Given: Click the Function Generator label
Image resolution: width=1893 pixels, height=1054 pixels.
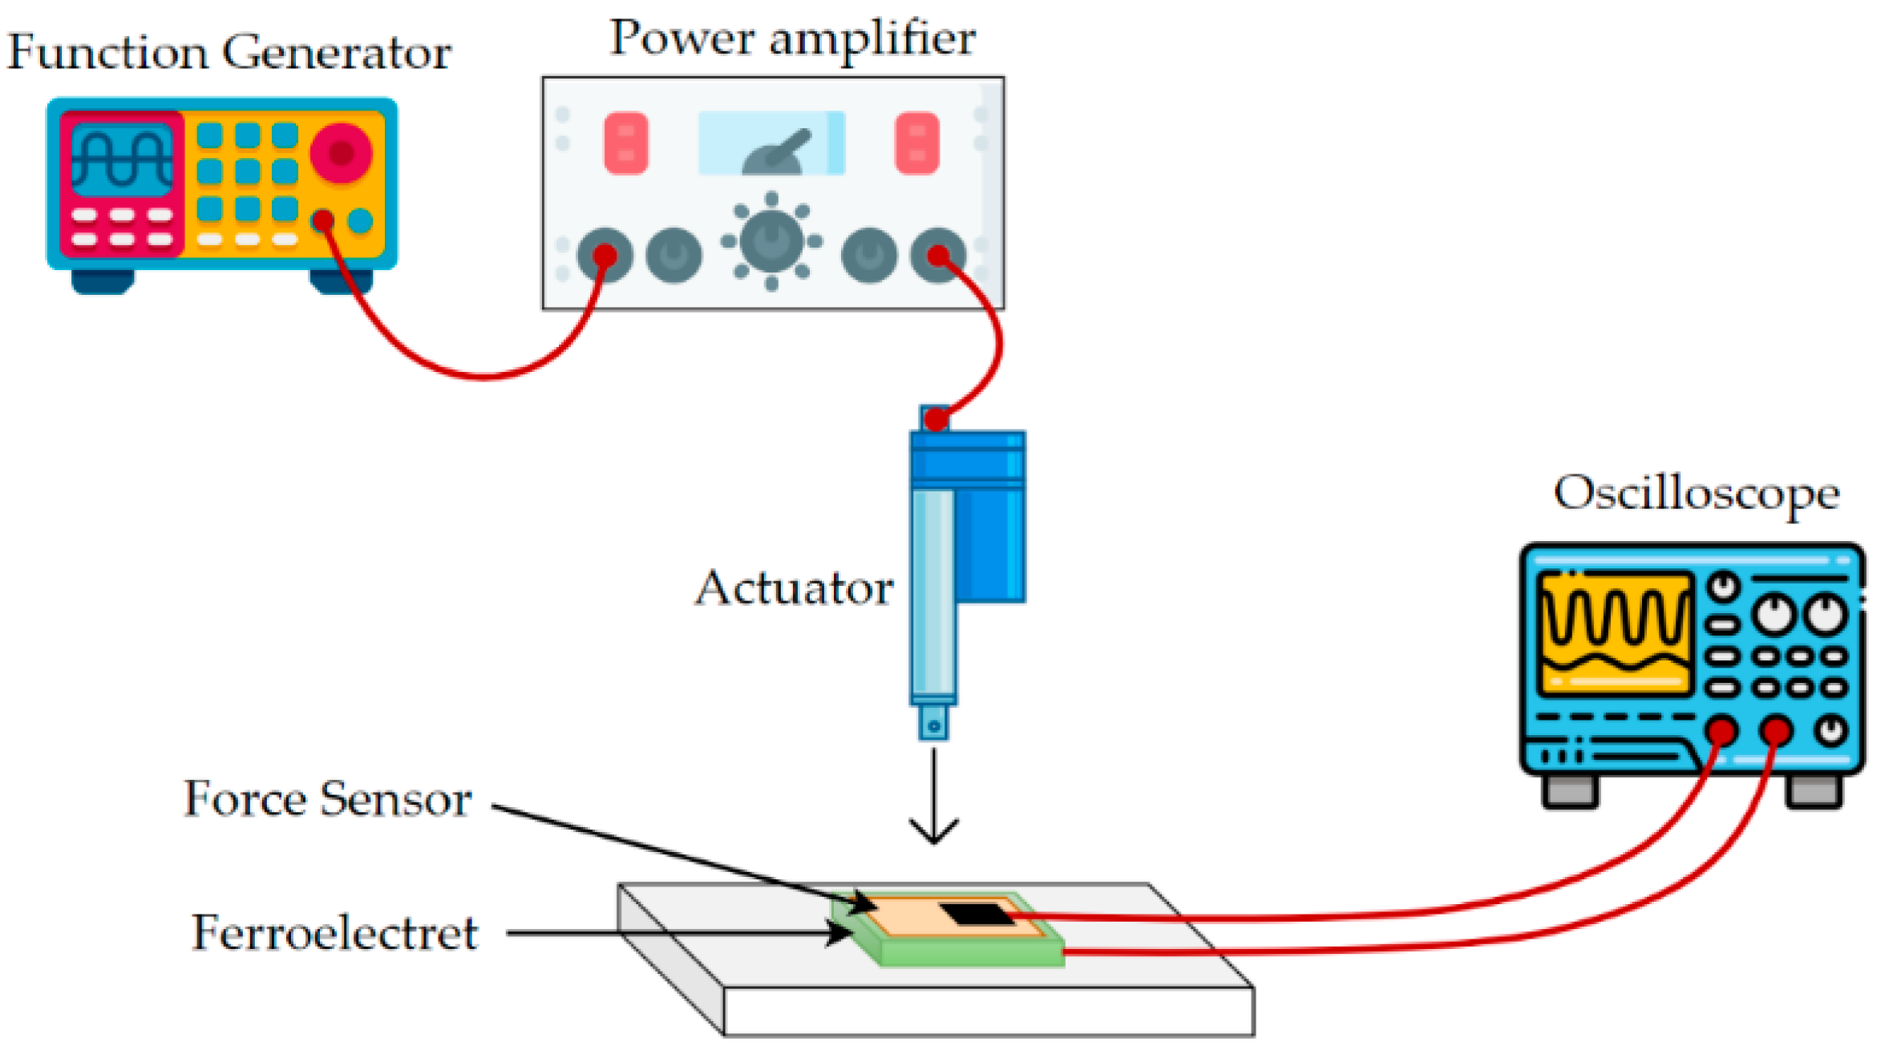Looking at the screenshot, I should [x=229, y=53].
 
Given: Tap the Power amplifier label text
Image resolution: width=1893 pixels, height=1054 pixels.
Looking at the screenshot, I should [x=792, y=38].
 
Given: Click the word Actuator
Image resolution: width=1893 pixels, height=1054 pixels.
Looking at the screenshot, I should [x=794, y=588].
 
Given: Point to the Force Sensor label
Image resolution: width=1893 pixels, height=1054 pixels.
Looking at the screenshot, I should [x=328, y=799].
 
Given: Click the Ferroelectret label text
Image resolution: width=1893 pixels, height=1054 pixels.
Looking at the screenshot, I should [x=334, y=933].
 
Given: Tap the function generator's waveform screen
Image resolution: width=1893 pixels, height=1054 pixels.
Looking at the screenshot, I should [x=122, y=159].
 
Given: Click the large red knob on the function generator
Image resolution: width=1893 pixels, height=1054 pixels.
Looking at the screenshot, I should [x=341, y=152].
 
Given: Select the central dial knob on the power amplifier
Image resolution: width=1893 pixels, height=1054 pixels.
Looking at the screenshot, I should [x=771, y=240].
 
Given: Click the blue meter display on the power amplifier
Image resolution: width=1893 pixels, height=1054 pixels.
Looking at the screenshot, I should [x=771, y=143].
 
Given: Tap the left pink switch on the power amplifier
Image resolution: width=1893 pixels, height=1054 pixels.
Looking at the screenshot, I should [x=625, y=143].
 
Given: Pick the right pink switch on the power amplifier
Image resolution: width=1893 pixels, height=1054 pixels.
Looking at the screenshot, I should [x=916, y=143].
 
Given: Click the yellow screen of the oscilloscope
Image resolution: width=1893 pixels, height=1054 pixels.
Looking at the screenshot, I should [x=1614, y=633].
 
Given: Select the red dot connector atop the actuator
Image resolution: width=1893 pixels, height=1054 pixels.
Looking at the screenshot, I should [x=936, y=419].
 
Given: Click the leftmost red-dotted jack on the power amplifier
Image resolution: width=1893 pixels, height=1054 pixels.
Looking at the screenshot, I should [x=605, y=256].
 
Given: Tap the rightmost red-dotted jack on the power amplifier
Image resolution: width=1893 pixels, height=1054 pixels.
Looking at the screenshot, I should [x=938, y=256].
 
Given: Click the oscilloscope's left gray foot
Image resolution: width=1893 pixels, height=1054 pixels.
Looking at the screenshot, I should [x=1570, y=790].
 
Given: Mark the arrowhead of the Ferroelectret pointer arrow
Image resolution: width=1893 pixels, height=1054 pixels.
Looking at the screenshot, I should [x=842, y=933].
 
